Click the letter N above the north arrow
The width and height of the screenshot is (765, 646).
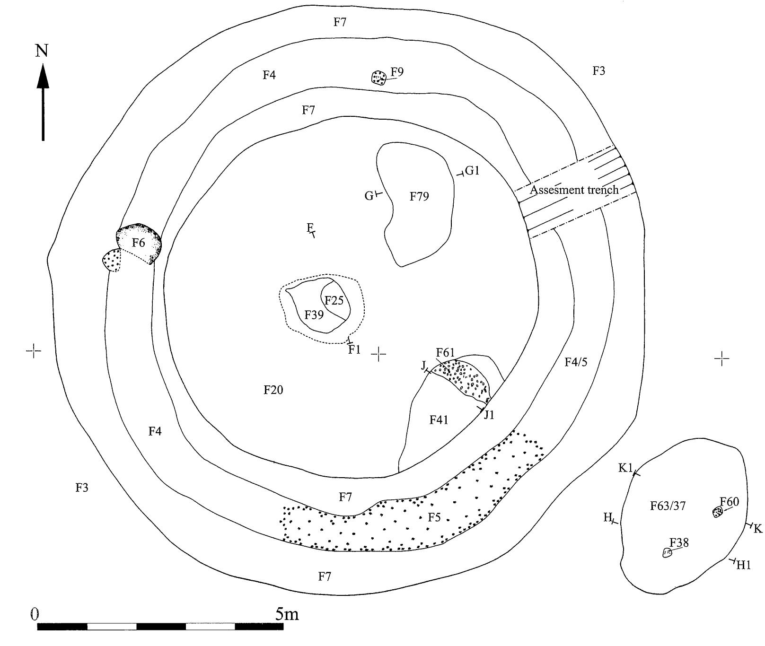tap(42, 50)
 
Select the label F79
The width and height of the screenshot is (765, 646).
tap(419, 196)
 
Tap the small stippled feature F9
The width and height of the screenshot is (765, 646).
tap(378, 78)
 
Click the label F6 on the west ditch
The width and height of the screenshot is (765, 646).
tap(138, 243)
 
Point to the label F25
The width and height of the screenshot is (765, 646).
tap(334, 300)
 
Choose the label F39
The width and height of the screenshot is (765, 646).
tap(314, 314)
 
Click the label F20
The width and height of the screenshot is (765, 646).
tap(273, 390)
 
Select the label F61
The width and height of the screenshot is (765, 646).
tap(445, 352)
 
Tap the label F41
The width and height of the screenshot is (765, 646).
tap(439, 419)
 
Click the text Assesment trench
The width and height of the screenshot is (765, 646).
tap(574, 190)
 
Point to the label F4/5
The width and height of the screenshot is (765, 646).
tap(576, 362)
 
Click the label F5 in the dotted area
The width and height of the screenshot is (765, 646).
tap(434, 517)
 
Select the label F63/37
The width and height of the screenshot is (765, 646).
tap(668, 506)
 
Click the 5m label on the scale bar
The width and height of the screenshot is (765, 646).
tap(287, 614)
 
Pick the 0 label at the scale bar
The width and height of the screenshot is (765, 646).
tap(34, 614)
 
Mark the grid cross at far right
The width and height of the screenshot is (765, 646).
tap(721, 359)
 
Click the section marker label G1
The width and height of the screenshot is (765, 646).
tap(472, 171)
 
